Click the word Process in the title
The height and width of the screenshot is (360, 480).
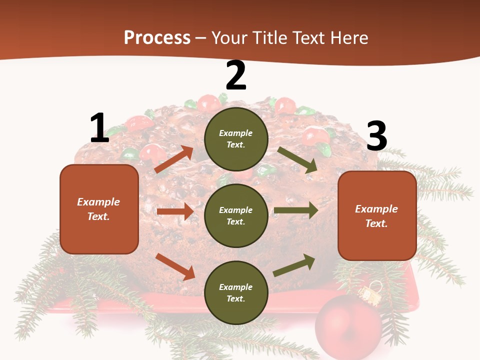[157, 37]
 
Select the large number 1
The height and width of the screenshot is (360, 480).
[99, 128]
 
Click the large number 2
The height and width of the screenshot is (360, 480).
[236, 75]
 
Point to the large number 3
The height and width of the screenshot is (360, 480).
[376, 136]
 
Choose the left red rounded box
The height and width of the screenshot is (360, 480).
[99, 209]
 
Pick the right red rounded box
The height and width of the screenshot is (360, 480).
[377, 215]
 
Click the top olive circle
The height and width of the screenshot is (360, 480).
[236, 139]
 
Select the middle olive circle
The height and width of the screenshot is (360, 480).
[236, 215]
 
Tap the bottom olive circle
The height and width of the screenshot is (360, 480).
[236, 292]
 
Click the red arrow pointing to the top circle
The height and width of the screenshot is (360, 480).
[174, 159]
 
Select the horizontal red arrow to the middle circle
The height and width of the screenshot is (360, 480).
[175, 211]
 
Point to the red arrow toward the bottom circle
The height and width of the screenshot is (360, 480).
[175, 266]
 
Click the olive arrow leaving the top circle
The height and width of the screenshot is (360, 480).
[297, 160]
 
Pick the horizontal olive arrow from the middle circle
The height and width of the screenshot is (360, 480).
[295, 210]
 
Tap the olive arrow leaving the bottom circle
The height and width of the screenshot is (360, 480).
[294, 265]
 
